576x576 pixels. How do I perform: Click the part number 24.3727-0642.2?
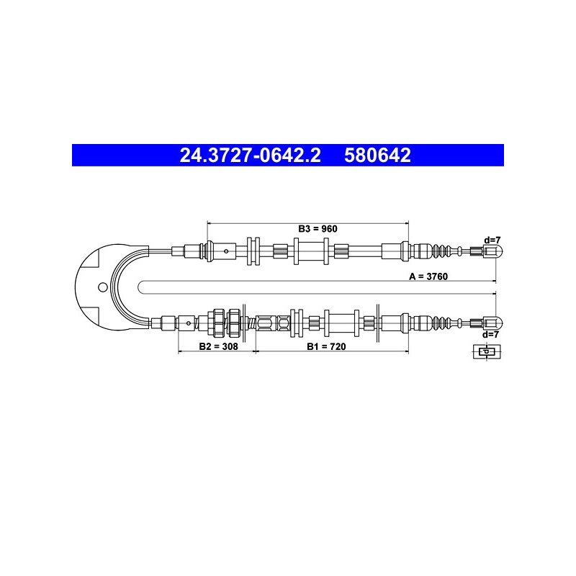click(250, 155)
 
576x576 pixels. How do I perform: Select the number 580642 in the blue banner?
click(377, 155)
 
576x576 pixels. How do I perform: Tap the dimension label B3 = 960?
click(318, 229)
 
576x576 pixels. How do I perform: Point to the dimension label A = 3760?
click(428, 276)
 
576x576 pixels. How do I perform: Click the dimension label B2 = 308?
click(218, 346)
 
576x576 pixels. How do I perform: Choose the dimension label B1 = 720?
click(326, 346)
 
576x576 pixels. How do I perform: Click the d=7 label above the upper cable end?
click(492, 240)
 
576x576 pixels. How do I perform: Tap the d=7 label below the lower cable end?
click(490, 335)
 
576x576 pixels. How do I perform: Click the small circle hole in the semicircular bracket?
click(103, 287)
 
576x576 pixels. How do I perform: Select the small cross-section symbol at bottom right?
click(487, 352)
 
